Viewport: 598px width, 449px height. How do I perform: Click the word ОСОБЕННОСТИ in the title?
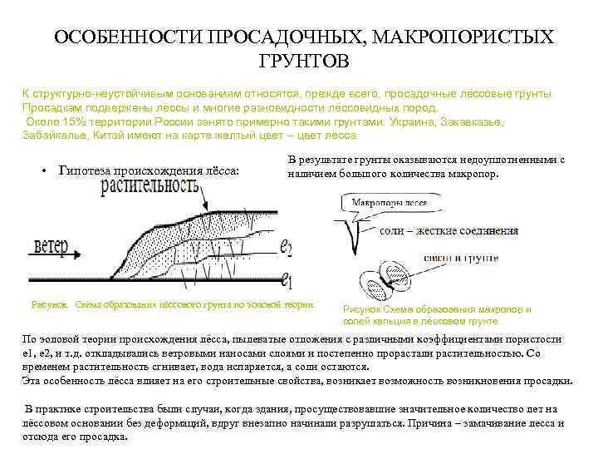pyautogui.click(x=128, y=38)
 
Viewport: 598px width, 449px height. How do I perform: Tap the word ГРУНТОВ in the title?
pyautogui.click(x=304, y=62)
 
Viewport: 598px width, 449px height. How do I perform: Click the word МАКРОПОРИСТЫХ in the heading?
pyautogui.click(x=462, y=38)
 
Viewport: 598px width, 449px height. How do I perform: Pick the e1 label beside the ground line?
pyautogui.click(x=287, y=278)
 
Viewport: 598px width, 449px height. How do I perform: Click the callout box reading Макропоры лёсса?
pyautogui.click(x=389, y=202)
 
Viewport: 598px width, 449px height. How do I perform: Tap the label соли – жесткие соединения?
pyautogui.click(x=448, y=230)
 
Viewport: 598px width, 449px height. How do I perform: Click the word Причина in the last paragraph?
pyautogui.click(x=433, y=422)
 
